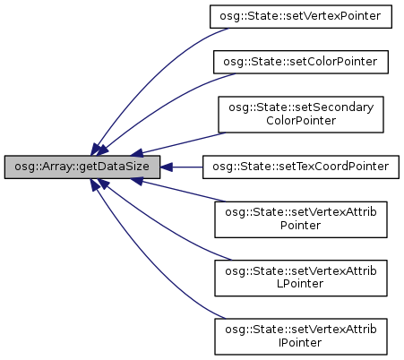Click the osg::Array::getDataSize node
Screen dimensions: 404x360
[x=82, y=167]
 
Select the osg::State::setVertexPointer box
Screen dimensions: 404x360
[x=301, y=17]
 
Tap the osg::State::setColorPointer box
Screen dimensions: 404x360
[x=301, y=62]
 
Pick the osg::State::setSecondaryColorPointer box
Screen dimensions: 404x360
[x=301, y=115]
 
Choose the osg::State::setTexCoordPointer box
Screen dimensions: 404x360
[x=301, y=167]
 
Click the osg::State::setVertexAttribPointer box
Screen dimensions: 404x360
[x=301, y=219]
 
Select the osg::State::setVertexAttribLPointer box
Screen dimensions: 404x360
[x=301, y=278]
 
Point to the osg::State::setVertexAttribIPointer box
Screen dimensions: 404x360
[x=301, y=337]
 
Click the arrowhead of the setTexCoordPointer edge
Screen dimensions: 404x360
[x=167, y=167]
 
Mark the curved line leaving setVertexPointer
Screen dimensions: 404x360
[x=150, y=74]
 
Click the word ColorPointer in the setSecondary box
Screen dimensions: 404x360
[x=301, y=121]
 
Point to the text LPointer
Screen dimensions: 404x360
[x=300, y=284]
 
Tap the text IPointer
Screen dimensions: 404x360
[x=300, y=342]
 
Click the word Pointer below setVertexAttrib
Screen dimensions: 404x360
[x=300, y=225]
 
